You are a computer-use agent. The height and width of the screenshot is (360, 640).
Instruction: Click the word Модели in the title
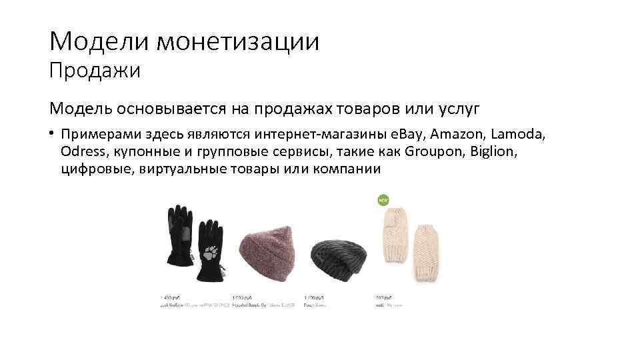(98, 41)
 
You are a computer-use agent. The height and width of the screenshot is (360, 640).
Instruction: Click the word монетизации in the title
(237, 41)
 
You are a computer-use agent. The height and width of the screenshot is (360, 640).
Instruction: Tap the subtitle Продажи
(95, 71)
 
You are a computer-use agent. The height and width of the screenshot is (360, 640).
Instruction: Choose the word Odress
(81, 151)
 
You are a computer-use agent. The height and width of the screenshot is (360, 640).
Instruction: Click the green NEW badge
(383, 199)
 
